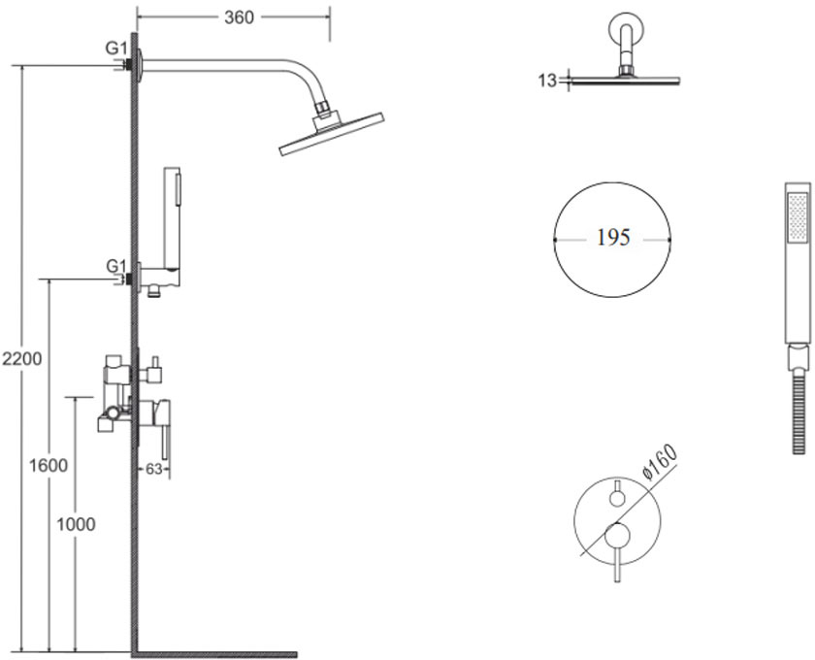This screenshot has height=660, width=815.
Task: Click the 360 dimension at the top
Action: (239, 17)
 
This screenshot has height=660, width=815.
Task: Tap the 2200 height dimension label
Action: (21, 359)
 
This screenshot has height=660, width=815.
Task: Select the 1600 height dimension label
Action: (49, 466)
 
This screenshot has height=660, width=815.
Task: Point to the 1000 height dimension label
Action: (76, 524)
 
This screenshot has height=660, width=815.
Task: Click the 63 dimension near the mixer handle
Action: (154, 469)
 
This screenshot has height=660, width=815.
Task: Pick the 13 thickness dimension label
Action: (547, 81)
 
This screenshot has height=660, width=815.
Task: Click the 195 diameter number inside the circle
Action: (613, 238)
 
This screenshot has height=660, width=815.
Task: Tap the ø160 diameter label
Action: (660, 461)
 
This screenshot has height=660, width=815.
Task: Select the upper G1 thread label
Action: (116, 49)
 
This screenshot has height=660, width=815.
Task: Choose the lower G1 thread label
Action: (116, 266)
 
